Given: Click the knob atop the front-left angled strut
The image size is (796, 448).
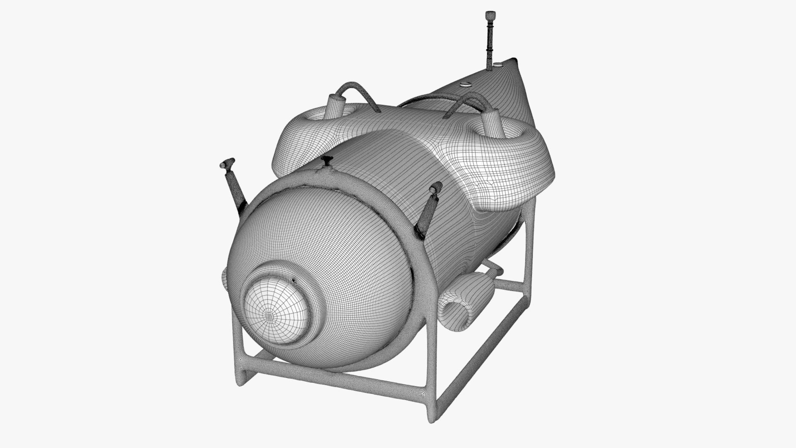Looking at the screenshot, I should [x=226, y=164].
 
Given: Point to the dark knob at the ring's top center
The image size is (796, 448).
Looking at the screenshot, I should [x=327, y=160].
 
